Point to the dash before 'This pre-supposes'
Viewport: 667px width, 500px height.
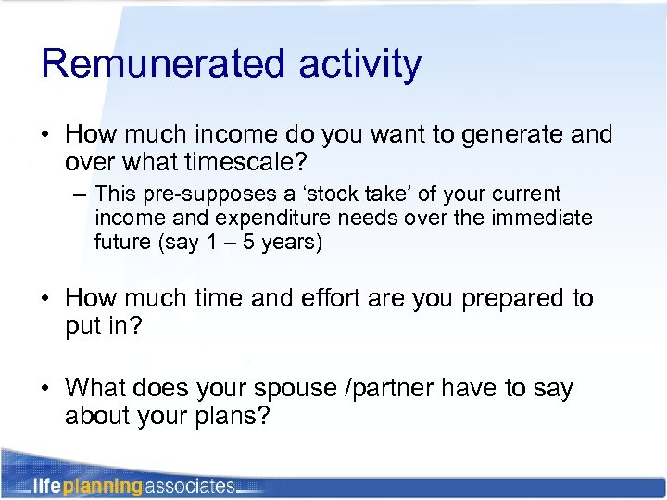point(81,195)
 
